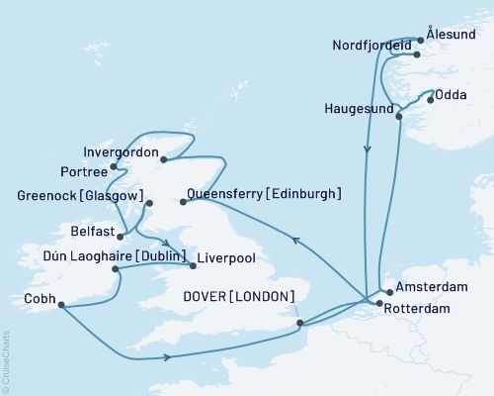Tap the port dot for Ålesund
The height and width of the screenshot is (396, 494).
[421, 40]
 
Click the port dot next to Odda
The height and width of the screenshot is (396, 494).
[430, 99]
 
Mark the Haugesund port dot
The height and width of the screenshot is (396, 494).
[398, 117]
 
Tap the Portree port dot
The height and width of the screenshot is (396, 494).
[115, 167]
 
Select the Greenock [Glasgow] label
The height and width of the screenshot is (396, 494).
[75, 195]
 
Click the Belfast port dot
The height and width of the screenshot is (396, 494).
[121, 236]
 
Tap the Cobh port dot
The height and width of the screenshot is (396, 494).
[61, 305]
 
